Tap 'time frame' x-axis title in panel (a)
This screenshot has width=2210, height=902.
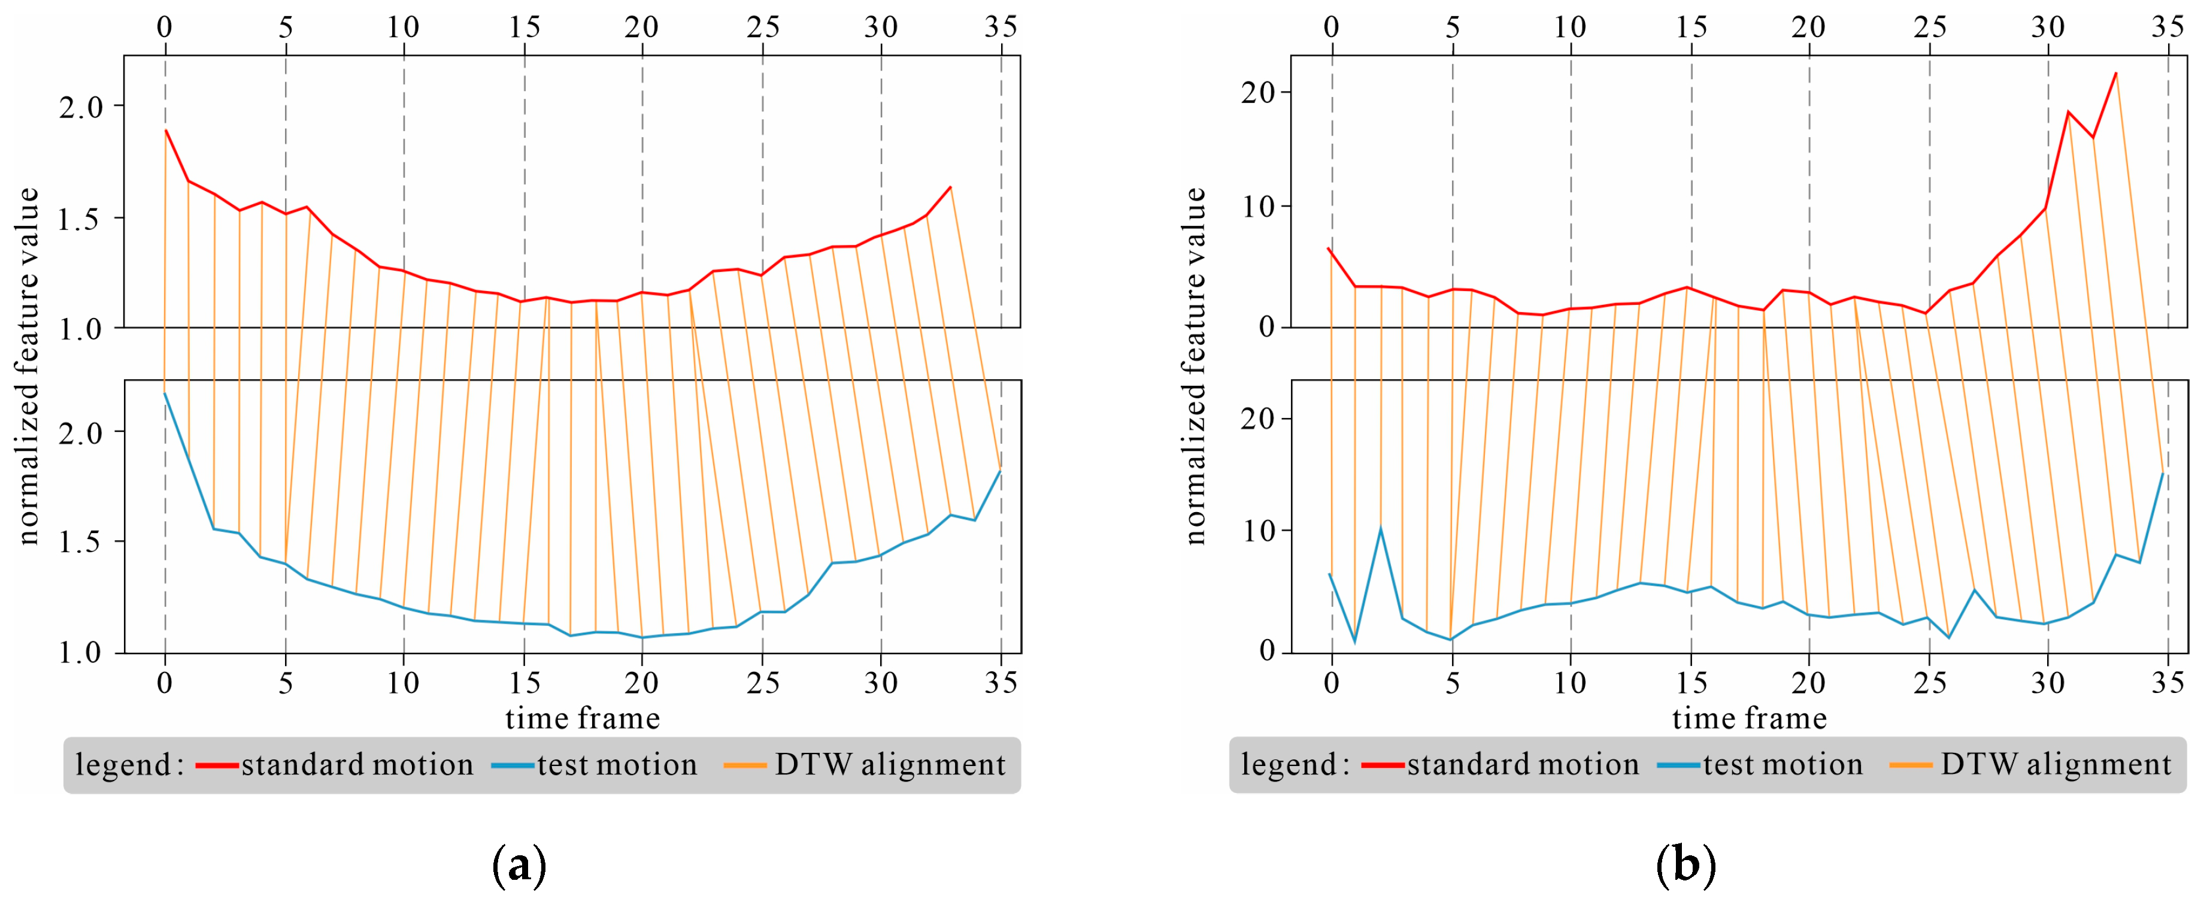(x=583, y=718)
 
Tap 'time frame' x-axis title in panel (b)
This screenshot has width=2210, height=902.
(x=1750, y=718)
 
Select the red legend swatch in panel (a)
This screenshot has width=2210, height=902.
(x=216, y=765)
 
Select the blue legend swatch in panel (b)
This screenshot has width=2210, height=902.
(x=1678, y=765)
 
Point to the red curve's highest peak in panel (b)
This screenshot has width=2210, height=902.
(x=2115, y=74)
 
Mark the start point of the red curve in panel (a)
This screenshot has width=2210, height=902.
(x=166, y=131)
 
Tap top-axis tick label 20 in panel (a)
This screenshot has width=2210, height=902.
(x=642, y=28)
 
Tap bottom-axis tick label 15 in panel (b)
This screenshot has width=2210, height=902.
(x=1691, y=683)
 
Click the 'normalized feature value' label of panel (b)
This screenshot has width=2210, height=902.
(x=1195, y=367)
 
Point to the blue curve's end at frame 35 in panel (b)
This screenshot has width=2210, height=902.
(x=2163, y=474)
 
